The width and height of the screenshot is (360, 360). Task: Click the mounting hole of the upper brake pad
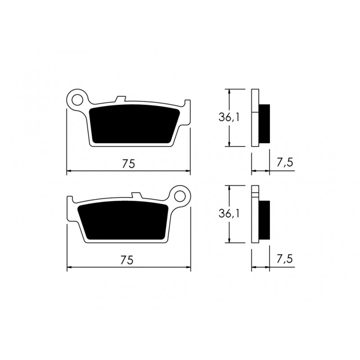click(x=77, y=100)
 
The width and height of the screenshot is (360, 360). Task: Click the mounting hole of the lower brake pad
click(x=180, y=197)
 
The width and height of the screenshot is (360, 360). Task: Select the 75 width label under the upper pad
click(x=129, y=164)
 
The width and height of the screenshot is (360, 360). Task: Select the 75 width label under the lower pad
click(x=127, y=260)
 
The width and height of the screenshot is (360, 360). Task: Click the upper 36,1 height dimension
click(x=229, y=118)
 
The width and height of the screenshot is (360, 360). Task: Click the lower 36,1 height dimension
click(x=229, y=214)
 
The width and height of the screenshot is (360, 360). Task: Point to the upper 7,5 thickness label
click(x=285, y=163)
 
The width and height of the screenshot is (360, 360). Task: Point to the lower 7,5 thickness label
click(x=285, y=259)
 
